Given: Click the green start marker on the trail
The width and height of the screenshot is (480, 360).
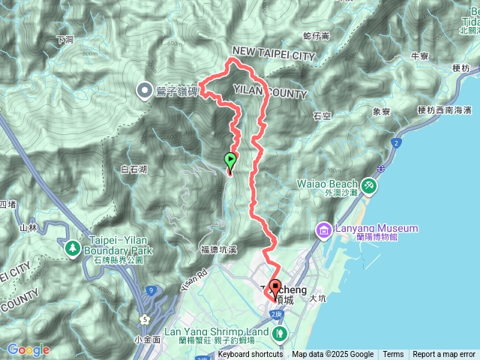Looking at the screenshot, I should pos(229,160).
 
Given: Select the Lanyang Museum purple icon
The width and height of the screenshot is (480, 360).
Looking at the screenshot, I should pos(323,228).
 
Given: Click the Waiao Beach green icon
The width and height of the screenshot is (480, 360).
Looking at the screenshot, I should pos(368,184).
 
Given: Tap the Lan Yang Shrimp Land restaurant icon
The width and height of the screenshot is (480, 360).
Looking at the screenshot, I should pos(279,332).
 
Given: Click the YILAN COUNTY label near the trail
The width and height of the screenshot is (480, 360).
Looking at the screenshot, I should pos(271,94).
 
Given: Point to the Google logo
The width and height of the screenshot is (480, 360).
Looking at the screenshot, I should pos(28,349).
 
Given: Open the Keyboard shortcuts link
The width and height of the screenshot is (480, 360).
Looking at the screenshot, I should pos(250,354).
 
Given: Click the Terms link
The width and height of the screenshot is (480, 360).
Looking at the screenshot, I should pos(393,354).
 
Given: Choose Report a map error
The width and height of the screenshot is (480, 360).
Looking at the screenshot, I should pos(445,354).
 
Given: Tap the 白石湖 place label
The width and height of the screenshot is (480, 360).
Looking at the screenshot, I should pos(133,170).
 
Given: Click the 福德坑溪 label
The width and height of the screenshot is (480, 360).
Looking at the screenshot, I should pos(219,249).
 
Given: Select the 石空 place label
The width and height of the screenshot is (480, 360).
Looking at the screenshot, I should pos(322,116).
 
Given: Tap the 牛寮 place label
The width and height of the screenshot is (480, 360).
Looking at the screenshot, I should pos(419,56).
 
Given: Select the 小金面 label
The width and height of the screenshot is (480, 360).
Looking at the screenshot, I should pos(148,338).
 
